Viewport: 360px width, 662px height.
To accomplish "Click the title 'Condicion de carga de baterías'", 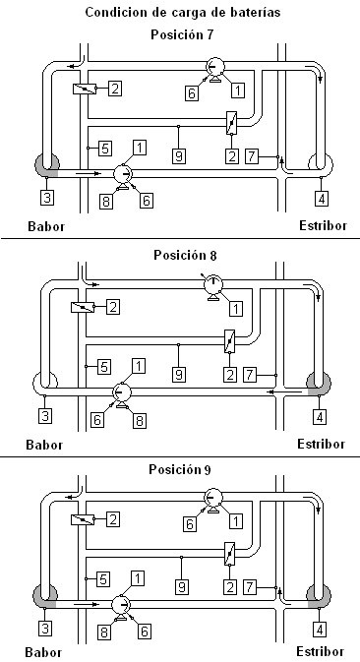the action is (183, 12).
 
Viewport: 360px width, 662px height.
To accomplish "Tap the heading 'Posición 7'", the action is (182, 34).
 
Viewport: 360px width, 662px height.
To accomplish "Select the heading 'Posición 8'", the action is (185, 256).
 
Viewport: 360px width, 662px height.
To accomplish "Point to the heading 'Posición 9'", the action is (180, 469).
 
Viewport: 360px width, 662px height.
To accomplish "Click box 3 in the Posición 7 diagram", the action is (46, 197).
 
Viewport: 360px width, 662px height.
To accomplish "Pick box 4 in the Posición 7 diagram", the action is (322, 198).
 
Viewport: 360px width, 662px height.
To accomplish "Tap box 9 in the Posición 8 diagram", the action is (179, 374).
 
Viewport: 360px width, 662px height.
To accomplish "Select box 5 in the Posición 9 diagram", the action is (102, 578).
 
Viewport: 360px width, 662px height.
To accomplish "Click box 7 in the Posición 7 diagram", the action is (251, 156).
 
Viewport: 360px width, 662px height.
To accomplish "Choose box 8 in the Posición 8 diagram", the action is (140, 420).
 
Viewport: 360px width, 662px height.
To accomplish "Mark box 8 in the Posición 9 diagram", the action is (105, 632).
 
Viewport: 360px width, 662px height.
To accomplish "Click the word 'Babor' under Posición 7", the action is (46, 226).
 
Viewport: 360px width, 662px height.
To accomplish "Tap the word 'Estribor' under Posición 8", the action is (322, 445).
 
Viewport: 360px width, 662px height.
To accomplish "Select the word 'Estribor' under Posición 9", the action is (320, 651).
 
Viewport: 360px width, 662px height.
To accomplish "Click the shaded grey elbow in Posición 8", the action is (319, 384).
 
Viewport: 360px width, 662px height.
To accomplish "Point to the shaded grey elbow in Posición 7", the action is (46, 165).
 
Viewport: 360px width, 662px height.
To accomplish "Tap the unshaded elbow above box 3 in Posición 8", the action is (44, 383).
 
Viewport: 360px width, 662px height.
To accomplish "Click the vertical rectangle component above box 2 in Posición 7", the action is (232, 123).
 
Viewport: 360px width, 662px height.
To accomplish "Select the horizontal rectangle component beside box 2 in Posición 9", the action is (83, 519).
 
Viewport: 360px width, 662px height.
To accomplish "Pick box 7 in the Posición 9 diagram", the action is (250, 587).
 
